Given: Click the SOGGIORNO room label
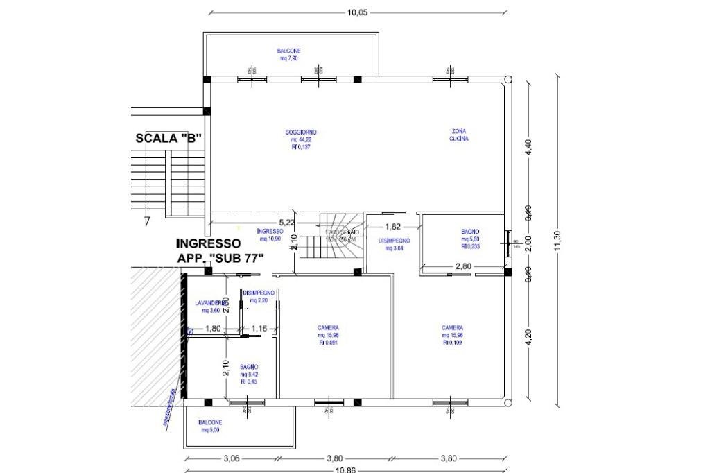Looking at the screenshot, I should click(x=301, y=132).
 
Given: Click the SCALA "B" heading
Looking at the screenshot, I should click(x=168, y=138).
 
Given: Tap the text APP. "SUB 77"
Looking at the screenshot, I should click(x=223, y=259).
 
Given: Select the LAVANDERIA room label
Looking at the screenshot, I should click(x=211, y=303).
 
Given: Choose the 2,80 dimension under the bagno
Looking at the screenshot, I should click(x=463, y=266).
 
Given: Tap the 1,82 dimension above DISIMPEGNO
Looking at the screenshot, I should click(x=392, y=226).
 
